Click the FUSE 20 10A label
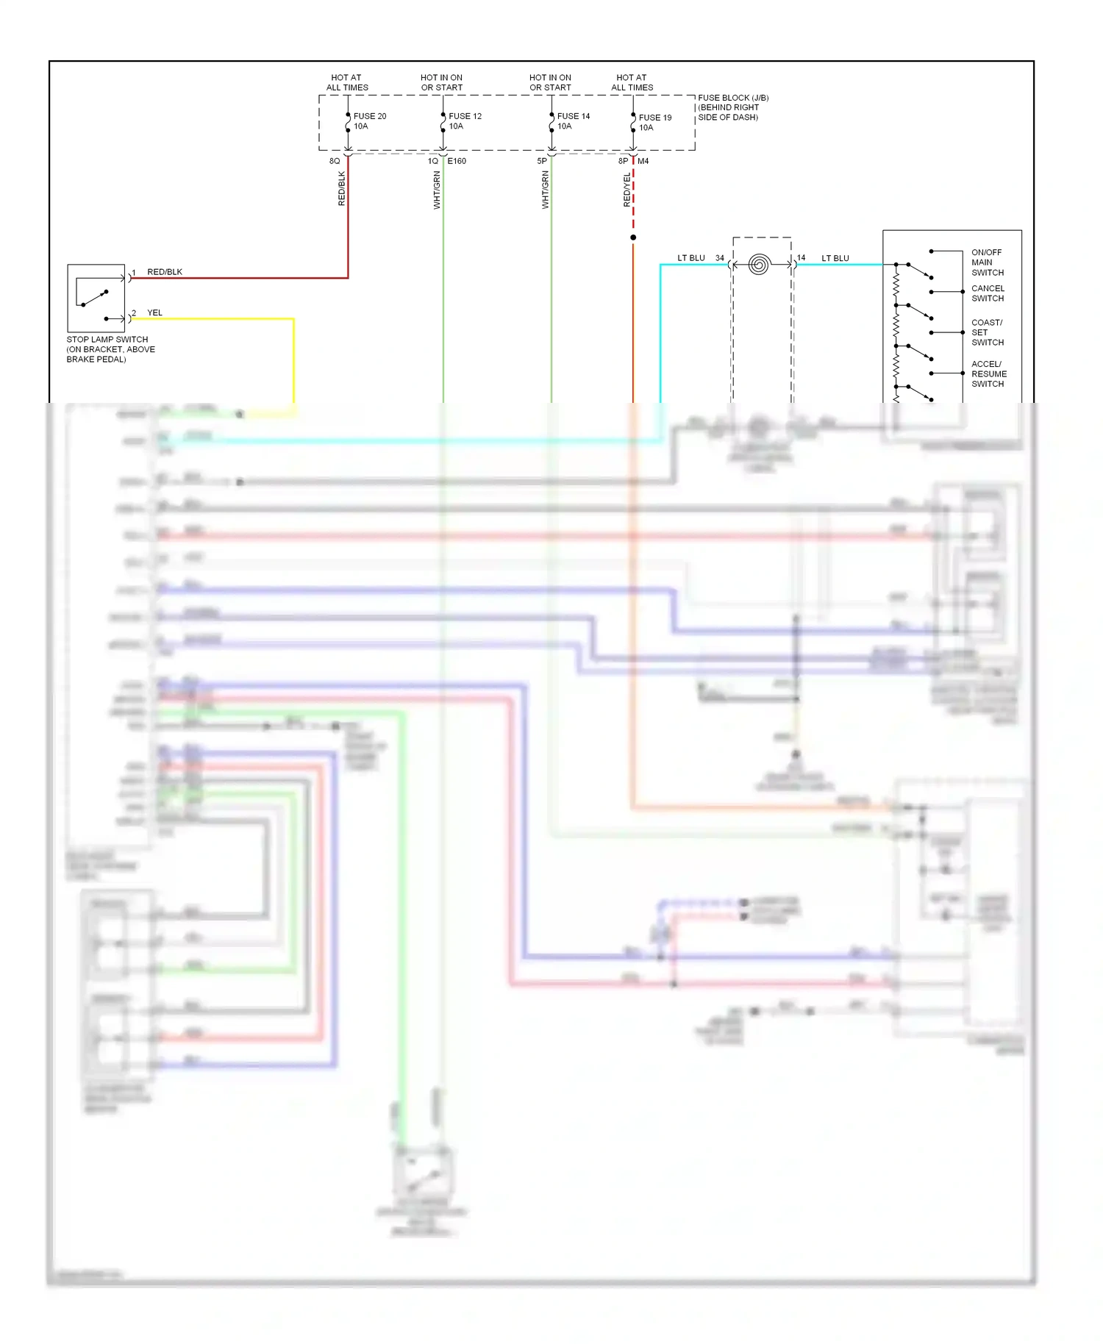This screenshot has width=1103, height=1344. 369,121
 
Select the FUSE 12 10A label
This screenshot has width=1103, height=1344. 465,121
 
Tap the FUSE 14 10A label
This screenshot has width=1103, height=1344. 573,121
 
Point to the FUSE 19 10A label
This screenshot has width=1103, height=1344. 654,123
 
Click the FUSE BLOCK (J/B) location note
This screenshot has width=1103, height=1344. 732,107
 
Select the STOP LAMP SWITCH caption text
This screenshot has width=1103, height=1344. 110,349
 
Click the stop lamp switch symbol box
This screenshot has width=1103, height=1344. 96,298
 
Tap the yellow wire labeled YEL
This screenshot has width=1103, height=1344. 221,319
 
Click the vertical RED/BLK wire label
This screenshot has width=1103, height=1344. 342,188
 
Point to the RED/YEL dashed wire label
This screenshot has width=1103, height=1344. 627,190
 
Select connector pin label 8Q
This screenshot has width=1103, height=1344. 335,161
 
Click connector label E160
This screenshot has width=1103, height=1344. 457,161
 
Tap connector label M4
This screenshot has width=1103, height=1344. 643,161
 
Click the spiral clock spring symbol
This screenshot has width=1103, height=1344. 759,264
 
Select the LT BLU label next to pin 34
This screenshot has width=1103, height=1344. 690,258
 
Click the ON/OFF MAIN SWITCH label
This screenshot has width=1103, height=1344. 987,262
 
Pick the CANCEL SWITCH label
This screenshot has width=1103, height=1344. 988,293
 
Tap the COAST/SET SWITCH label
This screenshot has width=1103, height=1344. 987,332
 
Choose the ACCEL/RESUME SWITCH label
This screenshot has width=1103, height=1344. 988,373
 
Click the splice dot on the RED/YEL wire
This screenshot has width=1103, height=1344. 633,237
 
